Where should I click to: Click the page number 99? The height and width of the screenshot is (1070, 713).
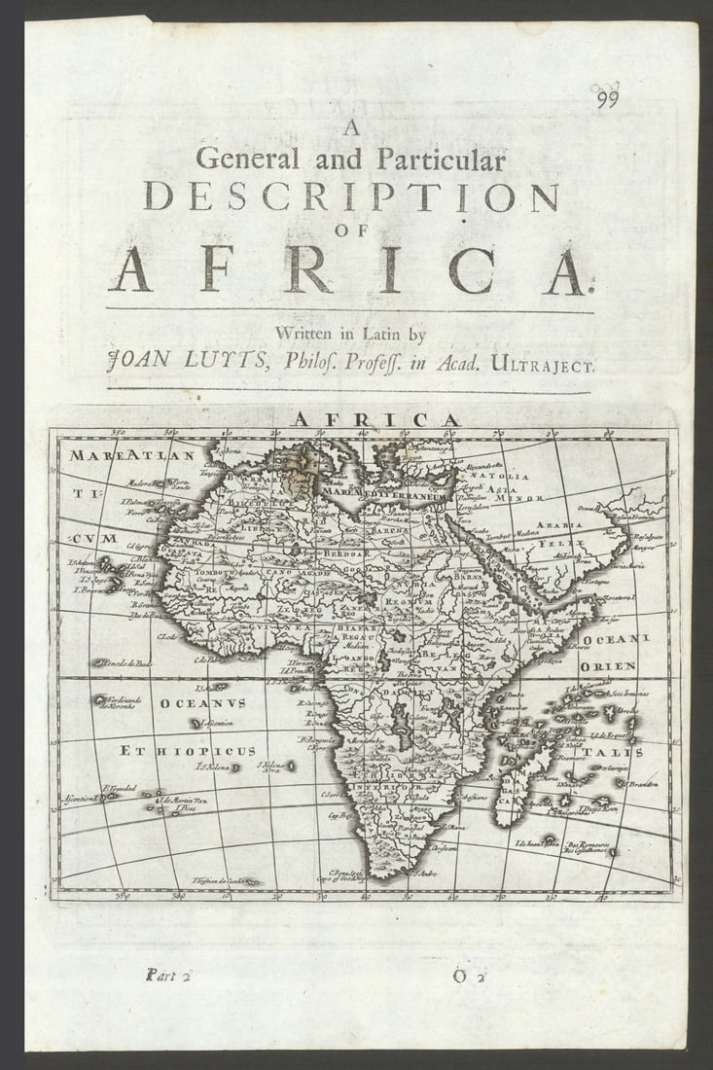[608, 96]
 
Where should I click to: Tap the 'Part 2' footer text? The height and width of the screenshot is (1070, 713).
[168, 974]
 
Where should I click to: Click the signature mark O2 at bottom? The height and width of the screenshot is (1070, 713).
[468, 975]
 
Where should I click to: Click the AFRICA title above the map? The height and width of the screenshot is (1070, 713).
[374, 419]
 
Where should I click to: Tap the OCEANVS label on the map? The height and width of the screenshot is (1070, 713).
[202, 702]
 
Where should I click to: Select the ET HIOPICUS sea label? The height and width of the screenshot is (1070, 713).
[187, 751]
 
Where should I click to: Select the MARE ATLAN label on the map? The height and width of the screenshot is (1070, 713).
[132, 454]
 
